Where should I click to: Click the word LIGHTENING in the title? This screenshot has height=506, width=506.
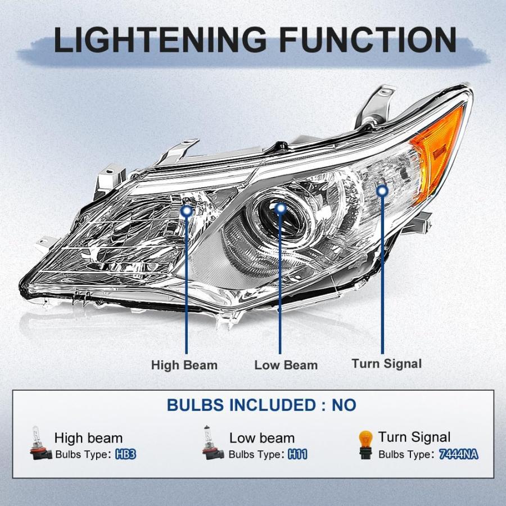point(160,40)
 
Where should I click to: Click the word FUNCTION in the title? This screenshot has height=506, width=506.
point(368,40)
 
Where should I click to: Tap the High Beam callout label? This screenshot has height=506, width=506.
point(184,365)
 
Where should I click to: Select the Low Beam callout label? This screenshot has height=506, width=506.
point(286,365)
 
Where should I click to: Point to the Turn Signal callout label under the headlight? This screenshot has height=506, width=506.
point(387,364)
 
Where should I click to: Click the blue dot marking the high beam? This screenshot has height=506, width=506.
point(187,212)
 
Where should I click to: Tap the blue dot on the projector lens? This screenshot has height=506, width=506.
point(281,208)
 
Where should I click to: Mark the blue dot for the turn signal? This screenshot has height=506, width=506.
point(382,191)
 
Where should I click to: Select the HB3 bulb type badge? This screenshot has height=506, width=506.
point(126,454)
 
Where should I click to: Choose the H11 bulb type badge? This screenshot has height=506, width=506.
point(297,454)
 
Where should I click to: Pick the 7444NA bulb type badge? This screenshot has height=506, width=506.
point(459,454)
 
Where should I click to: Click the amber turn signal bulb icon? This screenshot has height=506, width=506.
point(365,445)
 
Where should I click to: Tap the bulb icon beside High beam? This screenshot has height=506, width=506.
point(40,443)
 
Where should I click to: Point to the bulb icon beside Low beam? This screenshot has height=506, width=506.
point(213,442)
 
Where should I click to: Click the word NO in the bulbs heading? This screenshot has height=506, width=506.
point(344,405)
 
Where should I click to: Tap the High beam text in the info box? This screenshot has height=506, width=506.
point(88,438)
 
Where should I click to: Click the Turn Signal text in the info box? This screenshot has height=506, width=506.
point(414,437)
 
